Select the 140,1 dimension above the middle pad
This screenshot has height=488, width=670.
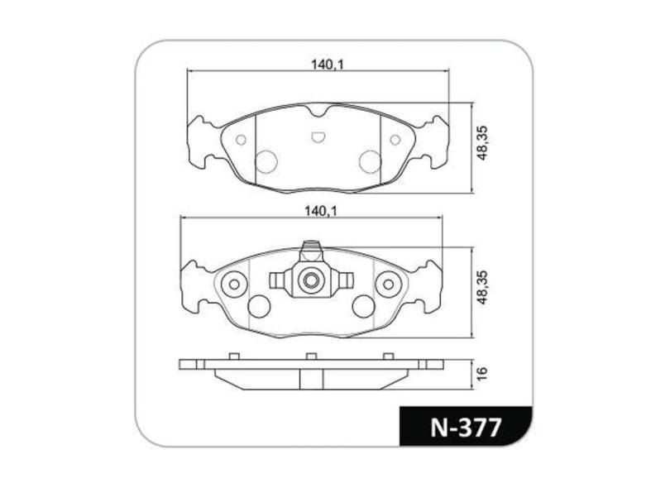click(322, 212)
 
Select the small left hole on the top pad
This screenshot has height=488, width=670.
click(241, 139)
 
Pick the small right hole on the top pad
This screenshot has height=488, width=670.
click(395, 140)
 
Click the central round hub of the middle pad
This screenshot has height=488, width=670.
click(311, 281)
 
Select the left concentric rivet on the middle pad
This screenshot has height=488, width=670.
click(234, 284)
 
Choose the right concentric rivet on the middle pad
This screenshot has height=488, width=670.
click(387, 284)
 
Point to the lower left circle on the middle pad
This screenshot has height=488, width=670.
click(259, 306)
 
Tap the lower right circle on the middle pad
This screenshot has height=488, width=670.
click(362, 306)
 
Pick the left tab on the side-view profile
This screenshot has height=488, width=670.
click(234, 356)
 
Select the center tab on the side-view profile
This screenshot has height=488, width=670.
click(311, 356)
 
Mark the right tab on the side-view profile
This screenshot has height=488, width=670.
click(387, 356)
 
